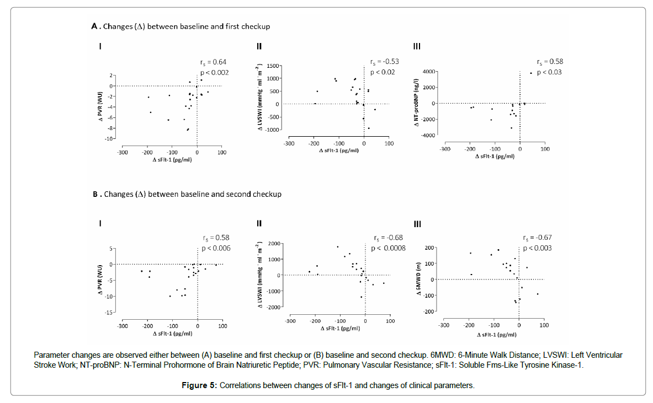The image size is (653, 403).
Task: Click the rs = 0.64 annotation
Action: click(213, 62)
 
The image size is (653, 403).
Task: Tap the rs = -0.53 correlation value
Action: click(384, 62)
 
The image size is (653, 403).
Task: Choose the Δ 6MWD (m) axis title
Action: click(420, 280)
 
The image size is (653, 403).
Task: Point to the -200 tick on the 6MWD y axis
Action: click(429, 311)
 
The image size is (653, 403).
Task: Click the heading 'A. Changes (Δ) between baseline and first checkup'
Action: click(180, 26)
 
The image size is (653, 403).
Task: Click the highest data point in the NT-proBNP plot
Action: click(531, 73)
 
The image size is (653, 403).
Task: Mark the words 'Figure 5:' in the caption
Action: click(199, 385)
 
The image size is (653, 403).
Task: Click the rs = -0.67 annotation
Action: click(537, 238)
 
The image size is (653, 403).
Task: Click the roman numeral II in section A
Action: click(259, 46)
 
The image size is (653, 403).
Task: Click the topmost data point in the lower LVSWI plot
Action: click(338, 246)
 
